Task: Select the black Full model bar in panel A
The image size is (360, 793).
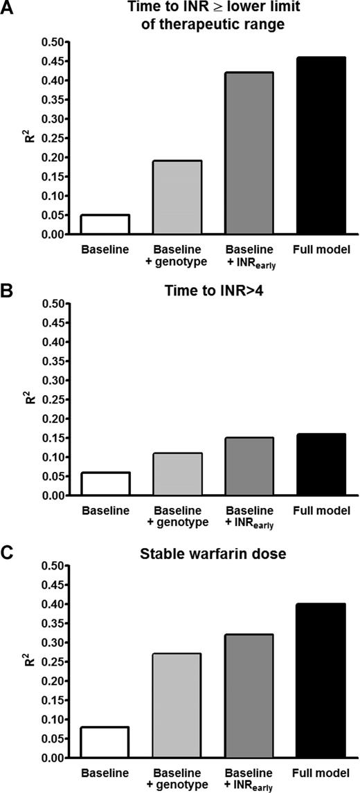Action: pos(321,146)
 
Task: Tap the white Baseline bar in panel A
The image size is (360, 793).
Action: pos(105,224)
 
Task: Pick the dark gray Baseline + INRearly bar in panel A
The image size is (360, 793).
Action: pos(249,153)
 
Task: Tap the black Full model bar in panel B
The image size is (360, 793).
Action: pos(321,464)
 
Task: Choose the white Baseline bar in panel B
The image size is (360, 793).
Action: pos(105,484)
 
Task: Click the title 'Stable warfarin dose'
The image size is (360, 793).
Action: pos(213,552)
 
